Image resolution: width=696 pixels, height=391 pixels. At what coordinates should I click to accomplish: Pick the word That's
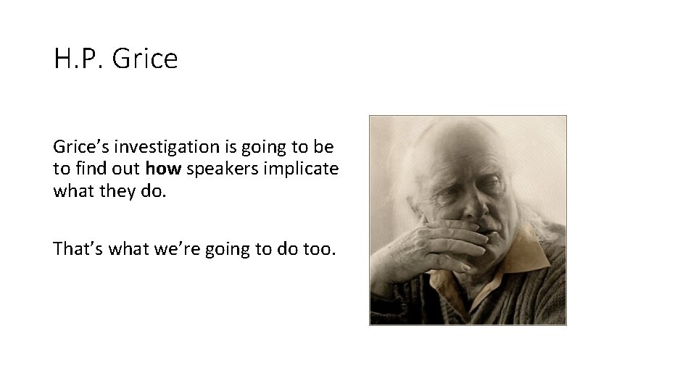[78, 249]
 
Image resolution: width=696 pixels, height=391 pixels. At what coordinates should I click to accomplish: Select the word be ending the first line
[325, 147]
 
